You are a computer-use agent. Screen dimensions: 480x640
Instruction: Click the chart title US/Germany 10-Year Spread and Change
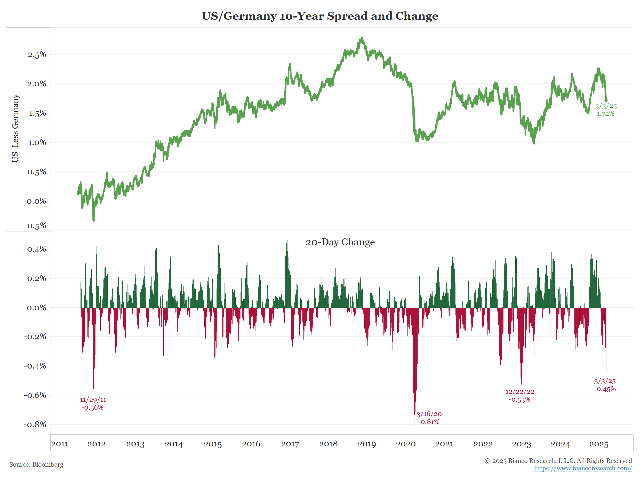(320, 16)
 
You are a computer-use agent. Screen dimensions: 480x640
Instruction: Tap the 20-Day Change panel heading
(340, 242)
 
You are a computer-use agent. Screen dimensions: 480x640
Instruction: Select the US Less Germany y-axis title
(15, 128)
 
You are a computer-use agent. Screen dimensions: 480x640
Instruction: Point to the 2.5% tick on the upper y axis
(37, 55)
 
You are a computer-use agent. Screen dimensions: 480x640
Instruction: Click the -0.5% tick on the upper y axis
(35, 226)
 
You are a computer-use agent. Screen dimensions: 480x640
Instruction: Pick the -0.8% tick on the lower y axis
(35, 425)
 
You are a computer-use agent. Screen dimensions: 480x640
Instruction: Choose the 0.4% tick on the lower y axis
(37, 249)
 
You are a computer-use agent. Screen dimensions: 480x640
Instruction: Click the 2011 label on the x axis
(60, 444)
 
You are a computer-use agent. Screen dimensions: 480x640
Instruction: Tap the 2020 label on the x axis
(405, 444)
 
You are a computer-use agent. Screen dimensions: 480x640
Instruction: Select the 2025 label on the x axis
(599, 444)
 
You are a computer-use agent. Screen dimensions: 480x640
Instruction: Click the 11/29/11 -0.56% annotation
(93, 403)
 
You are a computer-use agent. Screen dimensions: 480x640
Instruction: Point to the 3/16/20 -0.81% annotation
(429, 418)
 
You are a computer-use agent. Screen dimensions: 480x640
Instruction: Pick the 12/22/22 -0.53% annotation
(520, 395)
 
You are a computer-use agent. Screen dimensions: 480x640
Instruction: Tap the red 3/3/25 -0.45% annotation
(605, 385)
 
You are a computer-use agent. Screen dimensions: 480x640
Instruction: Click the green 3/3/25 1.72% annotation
(606, 110)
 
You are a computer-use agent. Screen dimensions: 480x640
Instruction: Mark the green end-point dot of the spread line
(606, 100)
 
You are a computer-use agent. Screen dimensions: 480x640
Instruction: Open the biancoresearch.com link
(583, 468)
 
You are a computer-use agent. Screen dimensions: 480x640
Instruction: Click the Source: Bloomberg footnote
(36, 464)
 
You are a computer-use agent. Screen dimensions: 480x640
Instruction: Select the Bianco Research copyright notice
(558, 461)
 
